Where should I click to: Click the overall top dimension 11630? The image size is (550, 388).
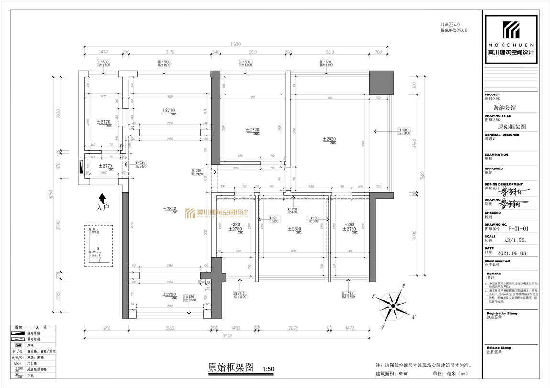coord(235,44)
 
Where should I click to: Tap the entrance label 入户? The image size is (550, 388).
coord(102,208)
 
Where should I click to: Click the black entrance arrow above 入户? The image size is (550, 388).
coord(102,198)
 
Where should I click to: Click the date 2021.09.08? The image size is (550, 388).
coord(512,253)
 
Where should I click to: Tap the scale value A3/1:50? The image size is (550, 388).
coord(515,241)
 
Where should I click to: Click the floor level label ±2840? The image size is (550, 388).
coord(170,209)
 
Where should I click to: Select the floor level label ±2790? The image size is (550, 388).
coord(169,294)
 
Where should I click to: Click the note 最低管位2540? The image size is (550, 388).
coord(453,30)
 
